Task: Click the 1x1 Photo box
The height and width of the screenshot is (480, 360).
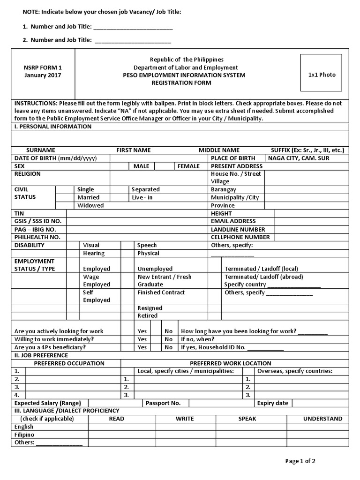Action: [321, 75]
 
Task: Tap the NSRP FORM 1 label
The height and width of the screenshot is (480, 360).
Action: [43, 67]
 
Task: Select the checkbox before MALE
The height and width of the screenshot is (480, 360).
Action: [120, 166]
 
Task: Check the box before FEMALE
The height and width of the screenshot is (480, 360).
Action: [164, 166]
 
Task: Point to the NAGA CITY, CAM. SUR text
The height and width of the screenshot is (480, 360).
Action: [299, 158]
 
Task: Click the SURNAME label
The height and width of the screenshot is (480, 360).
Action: [41, 150]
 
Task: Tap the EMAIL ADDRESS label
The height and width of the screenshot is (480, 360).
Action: [233, 221]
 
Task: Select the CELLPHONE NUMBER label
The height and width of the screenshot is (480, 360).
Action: [240, 237]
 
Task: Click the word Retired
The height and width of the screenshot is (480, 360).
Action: [147, 316]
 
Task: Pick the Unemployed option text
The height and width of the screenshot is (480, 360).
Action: [155, 269]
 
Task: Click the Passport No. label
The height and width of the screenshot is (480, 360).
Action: [163, 403]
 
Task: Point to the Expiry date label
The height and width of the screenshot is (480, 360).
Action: [273, 403]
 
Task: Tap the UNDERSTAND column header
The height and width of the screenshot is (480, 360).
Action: [322, 419]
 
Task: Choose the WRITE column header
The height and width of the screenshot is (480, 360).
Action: [185, 419]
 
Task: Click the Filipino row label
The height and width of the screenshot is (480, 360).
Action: [24, 435]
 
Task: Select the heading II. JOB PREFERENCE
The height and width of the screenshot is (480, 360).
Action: [41, 355]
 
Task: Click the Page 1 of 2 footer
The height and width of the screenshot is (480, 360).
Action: [300, 461]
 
